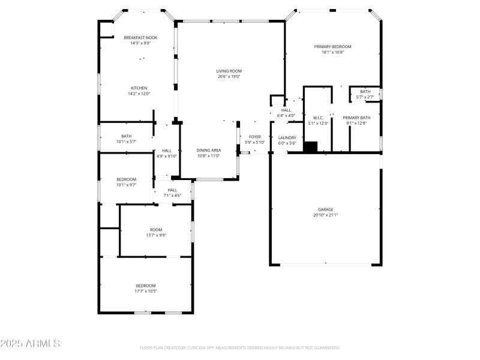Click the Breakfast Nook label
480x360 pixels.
click(140, 37)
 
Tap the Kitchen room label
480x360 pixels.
click(139, 88)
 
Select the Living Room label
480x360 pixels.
click(229, 71)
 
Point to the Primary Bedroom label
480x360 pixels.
click(332, 46)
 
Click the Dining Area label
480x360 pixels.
click(209, 150)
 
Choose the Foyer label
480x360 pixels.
click(255, 137)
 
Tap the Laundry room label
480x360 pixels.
click(287, 137)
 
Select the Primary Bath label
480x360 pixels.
click(356, 118)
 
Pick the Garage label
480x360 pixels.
click(326, 209)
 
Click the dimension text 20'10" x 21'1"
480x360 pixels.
click(326, 215)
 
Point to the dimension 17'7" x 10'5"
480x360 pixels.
click(145, 291)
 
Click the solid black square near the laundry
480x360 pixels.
click(310, 147)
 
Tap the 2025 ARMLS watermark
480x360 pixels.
click(30, 344)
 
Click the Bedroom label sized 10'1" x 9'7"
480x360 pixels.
click(127, 179)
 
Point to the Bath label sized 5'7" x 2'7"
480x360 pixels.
click(365, 91)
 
